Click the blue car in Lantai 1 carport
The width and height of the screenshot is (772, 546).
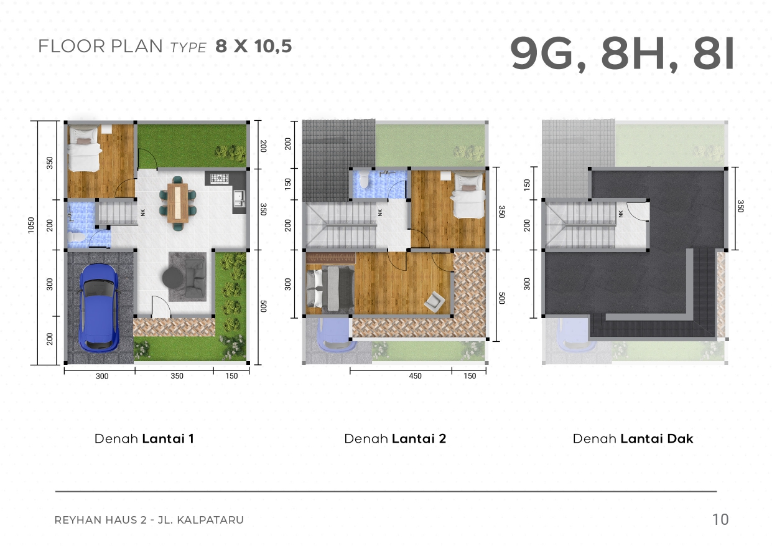(x=100, y=308)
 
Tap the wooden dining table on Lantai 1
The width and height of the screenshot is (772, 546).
(x=177, y=203)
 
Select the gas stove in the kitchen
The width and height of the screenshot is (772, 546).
(x=220, y=178)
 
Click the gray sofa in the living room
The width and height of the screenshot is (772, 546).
(x=195, y=278)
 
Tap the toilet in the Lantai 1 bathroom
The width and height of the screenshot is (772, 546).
(x=76, y=237)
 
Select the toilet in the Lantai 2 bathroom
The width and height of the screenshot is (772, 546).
(x=363, y=180)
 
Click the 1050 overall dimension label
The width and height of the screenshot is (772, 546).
(x=31, y=225)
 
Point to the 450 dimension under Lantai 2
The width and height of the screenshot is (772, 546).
(x=415, y=376)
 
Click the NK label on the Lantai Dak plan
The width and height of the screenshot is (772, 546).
(x=621, y=214)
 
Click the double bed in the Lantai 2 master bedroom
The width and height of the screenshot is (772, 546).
(x=330, y=288)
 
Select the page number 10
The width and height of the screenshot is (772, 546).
(x=720, y=519)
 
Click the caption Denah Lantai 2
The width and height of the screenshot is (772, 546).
(x=395, y=439)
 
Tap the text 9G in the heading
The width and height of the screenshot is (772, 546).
(x=542, y=54)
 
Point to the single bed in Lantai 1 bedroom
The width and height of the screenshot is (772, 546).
(x=84, y=148)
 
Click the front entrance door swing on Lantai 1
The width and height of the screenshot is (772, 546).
(x=161, y=306)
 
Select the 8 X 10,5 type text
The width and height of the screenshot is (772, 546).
(x=254, y=46)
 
